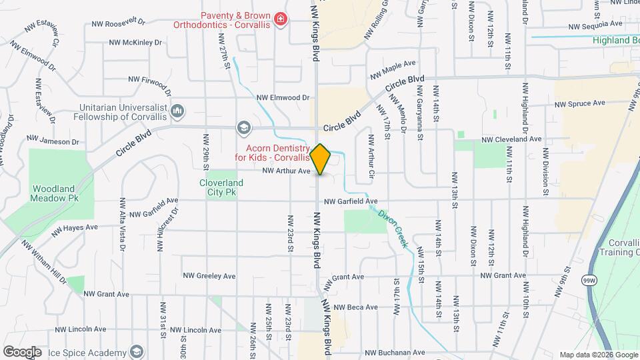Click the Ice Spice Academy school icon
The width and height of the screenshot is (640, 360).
click(137, 351)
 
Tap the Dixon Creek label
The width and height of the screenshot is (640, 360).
click(393, 229)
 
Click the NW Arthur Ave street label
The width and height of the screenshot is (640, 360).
click(287, 171)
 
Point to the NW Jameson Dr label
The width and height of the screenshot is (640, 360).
click(53, 141)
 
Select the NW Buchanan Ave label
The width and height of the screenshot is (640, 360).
click(394, 352)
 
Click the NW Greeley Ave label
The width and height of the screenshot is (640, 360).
click(210, 275)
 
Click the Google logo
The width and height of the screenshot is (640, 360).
click(22, 352)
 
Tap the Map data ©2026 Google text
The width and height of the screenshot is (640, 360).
click(598, 355)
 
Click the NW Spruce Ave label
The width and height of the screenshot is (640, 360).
click(579, 104)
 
